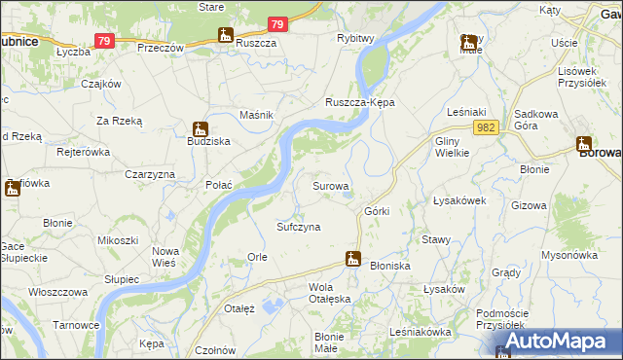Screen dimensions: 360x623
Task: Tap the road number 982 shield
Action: [488, 127]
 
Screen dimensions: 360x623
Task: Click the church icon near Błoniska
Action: [353, 259]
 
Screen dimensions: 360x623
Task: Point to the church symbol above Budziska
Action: [200, 127]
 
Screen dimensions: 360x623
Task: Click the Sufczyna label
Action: [299, 227]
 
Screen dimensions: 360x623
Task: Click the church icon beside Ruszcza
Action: [227, 36]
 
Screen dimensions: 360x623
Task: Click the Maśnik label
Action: [256, 115]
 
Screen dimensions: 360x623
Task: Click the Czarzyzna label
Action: [149, 173]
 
